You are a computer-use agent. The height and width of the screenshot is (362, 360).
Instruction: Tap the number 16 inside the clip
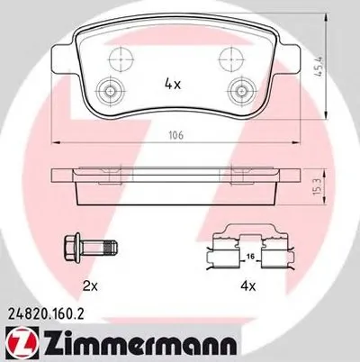coord(251,257)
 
